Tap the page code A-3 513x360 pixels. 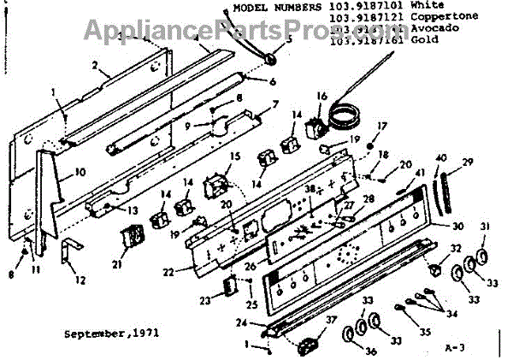pos(457,348)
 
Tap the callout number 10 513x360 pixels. pos(80,171)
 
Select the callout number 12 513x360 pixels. pos(80,280)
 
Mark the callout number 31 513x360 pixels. pos(486,227)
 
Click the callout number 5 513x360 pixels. pos(289,38)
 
